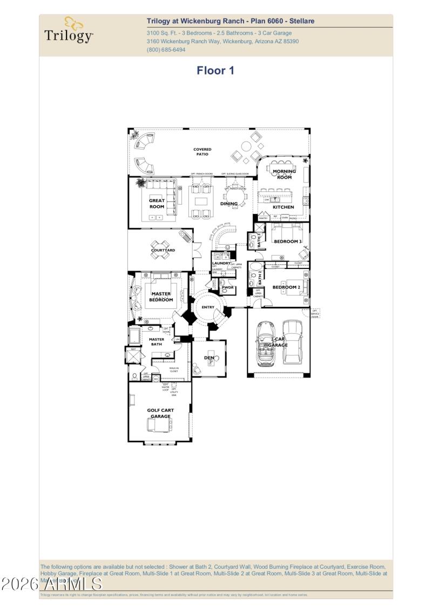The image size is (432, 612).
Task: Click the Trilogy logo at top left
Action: click(69, 31)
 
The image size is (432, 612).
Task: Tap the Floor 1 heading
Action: click(215, 70)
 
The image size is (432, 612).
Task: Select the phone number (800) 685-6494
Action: click(166, 50)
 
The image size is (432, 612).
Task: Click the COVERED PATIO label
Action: click(202, 152)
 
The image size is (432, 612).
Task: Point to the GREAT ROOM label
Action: click(157, 204)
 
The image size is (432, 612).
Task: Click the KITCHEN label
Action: click(283, 207)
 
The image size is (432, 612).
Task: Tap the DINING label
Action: click(229, 204)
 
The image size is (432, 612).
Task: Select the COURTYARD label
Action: click(163, 250)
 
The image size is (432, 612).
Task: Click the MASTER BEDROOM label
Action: click(161, 297)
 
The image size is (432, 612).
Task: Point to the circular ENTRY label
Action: click(208, 307)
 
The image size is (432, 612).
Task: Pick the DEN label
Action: click(208, 357)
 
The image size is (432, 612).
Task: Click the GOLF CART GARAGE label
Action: click(160, 413)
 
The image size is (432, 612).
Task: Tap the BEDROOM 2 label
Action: click(286, 287)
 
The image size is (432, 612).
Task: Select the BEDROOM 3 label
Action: click(287, 241)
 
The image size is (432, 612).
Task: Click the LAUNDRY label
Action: click(221, 263)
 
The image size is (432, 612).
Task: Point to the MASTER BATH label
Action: click(157, 342)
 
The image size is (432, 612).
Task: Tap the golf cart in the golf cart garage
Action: click(160, 425)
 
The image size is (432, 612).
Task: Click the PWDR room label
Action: click(227, 287)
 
